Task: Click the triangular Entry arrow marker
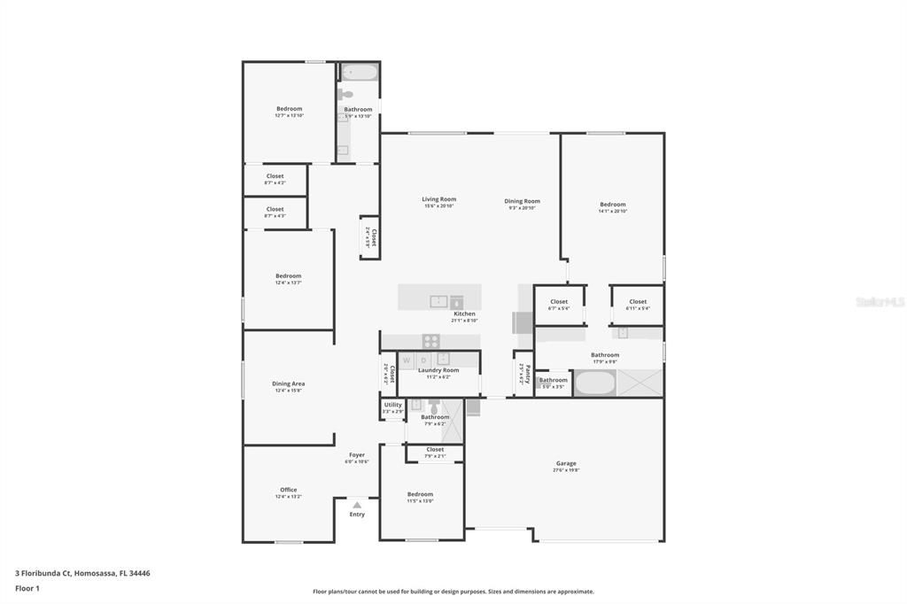coord(357,505)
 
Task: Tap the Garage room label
coord(566,463)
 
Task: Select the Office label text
coord(289,490)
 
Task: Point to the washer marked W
coord(407,360)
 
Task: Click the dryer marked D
coord(423,360)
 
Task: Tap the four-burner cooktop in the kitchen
coord(430,340)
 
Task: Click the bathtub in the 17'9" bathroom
coord(594,383)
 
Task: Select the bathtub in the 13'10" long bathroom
coord(360,72)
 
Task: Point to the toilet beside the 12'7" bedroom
coord(345,94)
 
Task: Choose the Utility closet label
coord(392,405)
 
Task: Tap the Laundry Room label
coord(438,370)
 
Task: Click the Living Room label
coord(438,199)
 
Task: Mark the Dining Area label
coord(288,383)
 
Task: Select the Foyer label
coord(357,455)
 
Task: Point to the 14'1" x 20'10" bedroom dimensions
coord(612,212)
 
